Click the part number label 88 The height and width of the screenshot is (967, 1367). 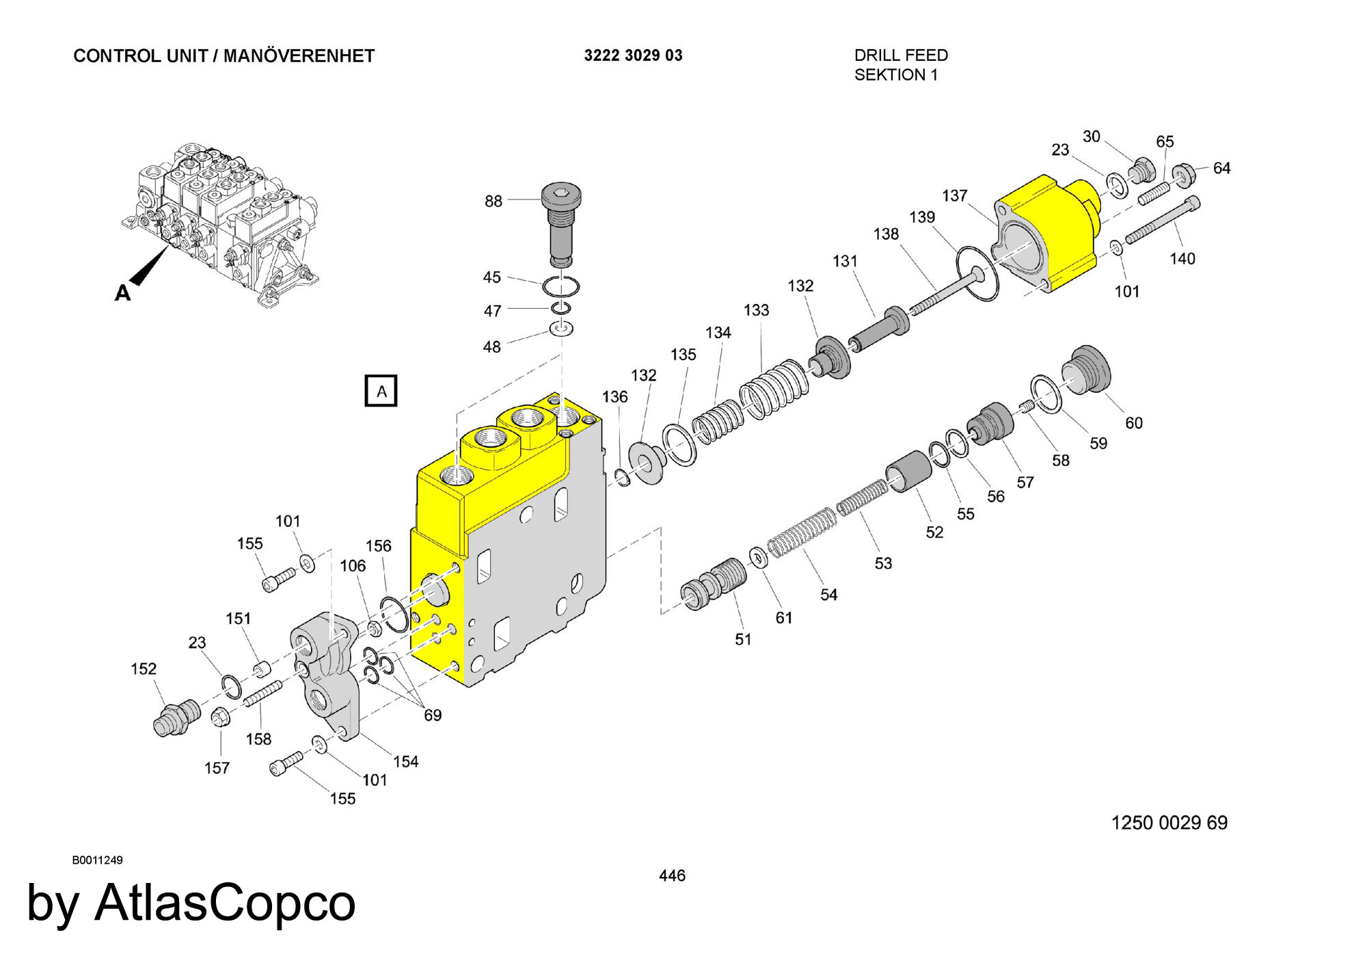[493, 201]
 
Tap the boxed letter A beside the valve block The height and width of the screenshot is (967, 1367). [381, 391]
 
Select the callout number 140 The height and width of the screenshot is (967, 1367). [1182, 258]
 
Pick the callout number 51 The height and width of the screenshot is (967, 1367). [743, 639]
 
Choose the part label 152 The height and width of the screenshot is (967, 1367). [144, 668]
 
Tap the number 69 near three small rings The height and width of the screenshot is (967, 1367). [433, 715]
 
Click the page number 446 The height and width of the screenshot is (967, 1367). [672, 875]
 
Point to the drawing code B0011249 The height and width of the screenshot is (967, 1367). [97, 860]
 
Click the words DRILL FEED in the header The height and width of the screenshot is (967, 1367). [901, 55]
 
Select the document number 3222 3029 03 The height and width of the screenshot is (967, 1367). [633, 55]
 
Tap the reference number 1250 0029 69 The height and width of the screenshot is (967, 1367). [1169, 822]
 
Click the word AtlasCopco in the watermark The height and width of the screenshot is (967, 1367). [225, 902]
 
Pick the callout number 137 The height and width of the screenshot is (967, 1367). [954, 195]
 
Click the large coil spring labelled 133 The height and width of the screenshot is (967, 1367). [774, 388]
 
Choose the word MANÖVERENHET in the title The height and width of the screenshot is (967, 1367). [299, 55]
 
